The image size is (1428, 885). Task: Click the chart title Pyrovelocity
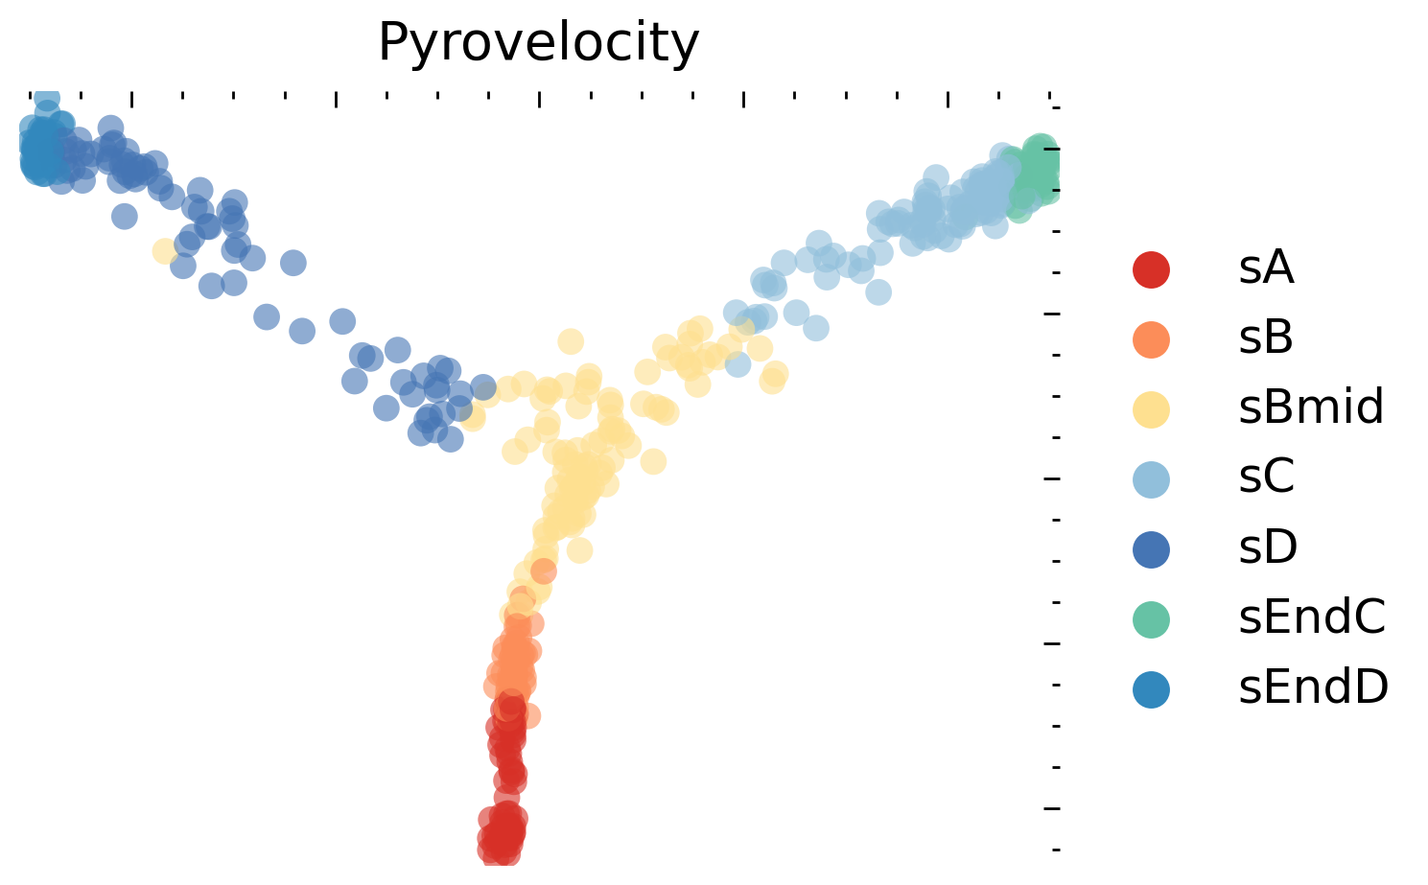tap(538, 43)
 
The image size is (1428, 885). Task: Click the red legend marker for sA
tap(1151, 269)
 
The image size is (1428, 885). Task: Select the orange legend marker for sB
tap(1151, 339)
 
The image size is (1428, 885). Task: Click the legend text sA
tap(1266, 269)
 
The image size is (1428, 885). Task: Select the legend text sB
tap(1266, 339)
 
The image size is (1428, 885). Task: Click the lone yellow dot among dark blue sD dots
tap(165, 251)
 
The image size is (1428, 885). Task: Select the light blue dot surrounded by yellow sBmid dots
tap(737, 364)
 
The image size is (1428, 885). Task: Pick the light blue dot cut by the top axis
tap(46, 99)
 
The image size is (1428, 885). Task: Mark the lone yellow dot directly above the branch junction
tap(571, 340)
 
